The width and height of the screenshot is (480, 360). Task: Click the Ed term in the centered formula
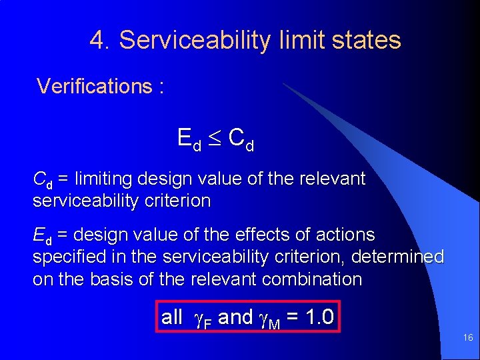click(189, 139)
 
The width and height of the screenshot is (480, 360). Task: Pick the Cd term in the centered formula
click(241, 139)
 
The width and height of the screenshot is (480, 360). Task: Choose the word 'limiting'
click(104, 179)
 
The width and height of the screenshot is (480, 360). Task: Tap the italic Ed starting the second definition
click(43, 235)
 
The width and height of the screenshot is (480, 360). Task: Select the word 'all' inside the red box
click(172, 317)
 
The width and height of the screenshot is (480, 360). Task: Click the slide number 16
click(468, 338)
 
